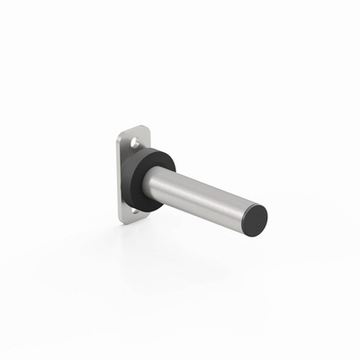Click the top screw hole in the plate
click(x=136, y=143)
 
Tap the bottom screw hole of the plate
click(x=136, y=211)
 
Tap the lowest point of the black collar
click(x=149, y=212)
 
